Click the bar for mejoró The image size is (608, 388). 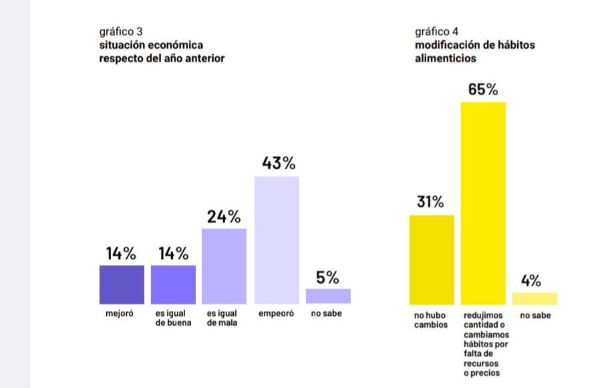[122, 284]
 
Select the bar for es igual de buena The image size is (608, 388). [173, 284]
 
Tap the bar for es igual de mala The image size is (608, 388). [224, 266]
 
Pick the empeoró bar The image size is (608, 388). [276, 240]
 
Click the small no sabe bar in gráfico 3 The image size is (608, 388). [328, 296]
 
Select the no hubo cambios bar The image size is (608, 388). [431, 259]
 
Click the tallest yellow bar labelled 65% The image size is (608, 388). [483, 203]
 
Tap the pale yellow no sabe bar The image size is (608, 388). [535, 298]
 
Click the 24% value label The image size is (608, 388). [224, 216]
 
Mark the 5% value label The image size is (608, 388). [327, 277]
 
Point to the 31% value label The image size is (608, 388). [431, 202]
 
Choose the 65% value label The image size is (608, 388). [482, 90]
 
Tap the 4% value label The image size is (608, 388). [531, 281]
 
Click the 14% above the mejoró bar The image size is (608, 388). [121, 254]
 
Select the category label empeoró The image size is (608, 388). [276, 313]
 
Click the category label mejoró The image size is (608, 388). [120, 313]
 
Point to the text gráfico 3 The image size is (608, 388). [120, 31]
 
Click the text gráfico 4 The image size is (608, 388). [436, 31]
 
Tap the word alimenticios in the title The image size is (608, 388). [445, 58]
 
